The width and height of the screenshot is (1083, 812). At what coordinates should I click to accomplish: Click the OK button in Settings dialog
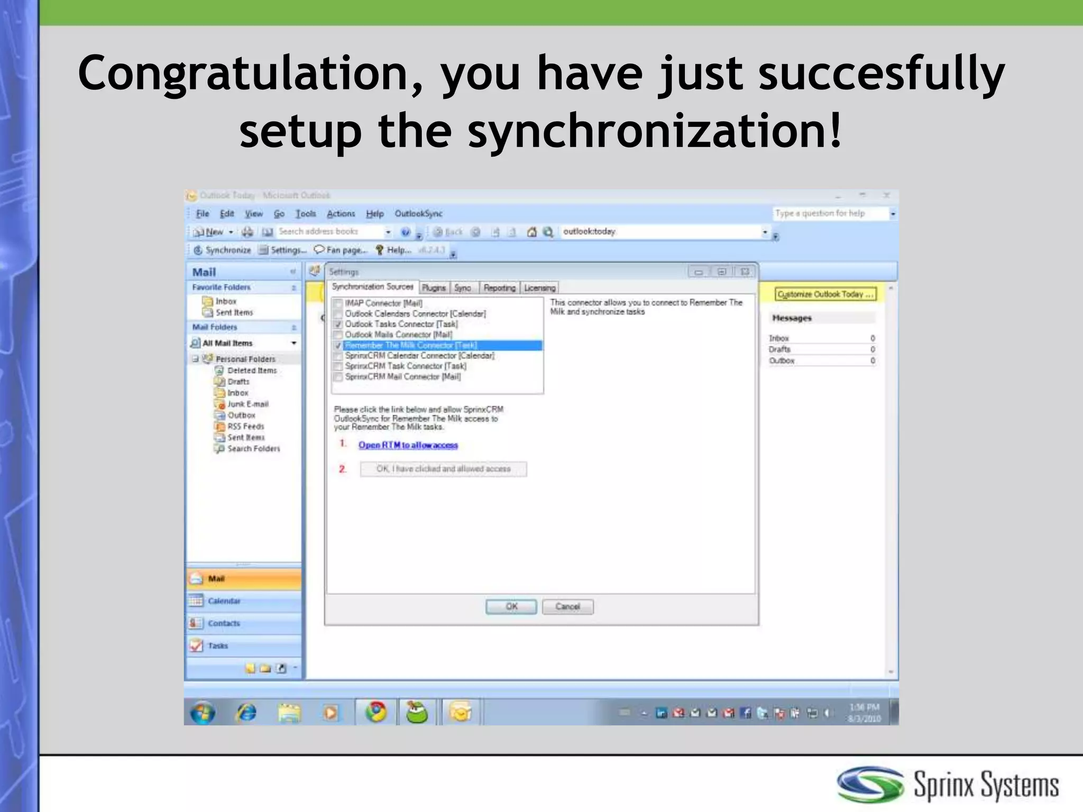(x=511, y=606)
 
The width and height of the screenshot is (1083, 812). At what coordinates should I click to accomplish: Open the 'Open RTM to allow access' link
(x=408, y=445)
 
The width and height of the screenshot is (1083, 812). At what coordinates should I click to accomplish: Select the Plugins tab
(x=434, y=288)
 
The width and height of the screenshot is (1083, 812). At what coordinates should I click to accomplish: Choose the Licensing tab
(x=539, y=288)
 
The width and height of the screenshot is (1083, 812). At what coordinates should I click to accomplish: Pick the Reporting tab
(x=499, y=288)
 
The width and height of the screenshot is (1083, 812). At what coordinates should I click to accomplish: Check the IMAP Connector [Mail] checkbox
(x=338, y=303)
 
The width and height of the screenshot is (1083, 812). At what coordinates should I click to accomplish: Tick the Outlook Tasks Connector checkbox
(x=338, y=324)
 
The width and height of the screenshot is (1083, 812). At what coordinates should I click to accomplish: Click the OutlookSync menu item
(x=418, y=214)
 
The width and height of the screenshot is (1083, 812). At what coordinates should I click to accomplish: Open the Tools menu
(x=306, y=214)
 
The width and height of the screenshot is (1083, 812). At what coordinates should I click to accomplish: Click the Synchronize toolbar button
(x=223, y=250)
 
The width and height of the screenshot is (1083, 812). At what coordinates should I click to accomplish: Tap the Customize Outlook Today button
(x=825, y=294)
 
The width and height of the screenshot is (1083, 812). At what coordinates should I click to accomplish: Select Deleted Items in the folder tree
(x=252, y=371)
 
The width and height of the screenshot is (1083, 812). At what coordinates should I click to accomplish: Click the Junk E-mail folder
(x=247, y=404)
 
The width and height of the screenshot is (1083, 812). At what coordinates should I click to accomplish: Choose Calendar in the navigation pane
(x=224, y=601)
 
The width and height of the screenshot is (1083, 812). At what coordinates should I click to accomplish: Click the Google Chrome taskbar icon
(x=376, y=712)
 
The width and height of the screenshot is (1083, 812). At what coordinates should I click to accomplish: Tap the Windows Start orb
(x=203, y=713)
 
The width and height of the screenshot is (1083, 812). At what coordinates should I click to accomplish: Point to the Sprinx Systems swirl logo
(x=870, y=785)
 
